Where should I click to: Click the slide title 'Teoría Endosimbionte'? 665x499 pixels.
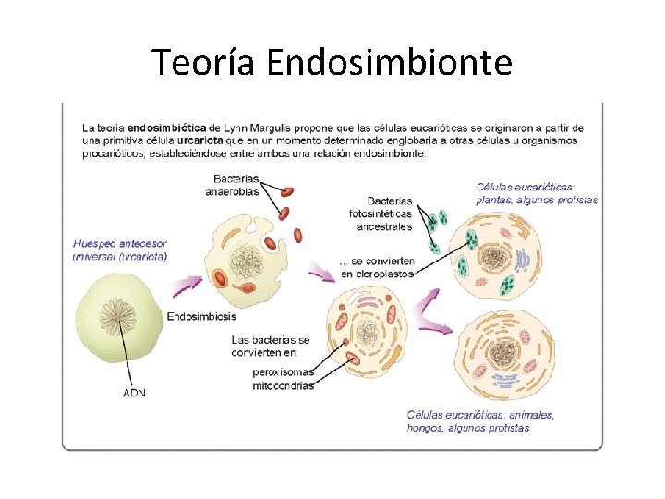click(332, 62)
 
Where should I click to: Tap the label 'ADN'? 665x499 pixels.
click(135, 393)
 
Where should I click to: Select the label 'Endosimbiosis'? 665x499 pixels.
click(201, 317)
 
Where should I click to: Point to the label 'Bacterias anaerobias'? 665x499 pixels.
click(233, 185)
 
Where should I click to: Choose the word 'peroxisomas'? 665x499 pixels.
click(283, 371)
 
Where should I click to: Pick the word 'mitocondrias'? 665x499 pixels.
click(283, 385)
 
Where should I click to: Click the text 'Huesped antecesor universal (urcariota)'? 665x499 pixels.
click(120, 249)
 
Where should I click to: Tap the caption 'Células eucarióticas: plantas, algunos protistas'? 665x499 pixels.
click(536, 192)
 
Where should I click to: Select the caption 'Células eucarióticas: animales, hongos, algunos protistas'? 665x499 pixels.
click(481, 421)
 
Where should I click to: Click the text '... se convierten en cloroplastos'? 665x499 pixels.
click(377, 267)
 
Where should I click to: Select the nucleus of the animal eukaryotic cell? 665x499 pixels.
click(505, 352)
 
